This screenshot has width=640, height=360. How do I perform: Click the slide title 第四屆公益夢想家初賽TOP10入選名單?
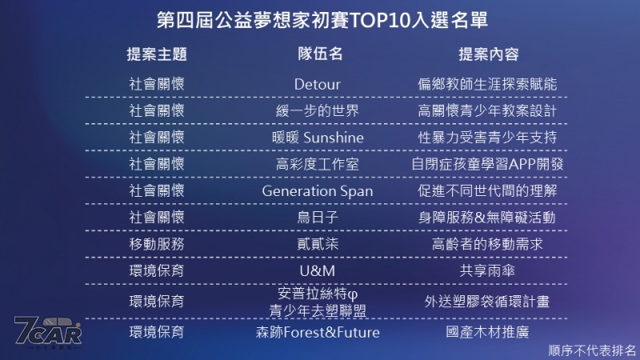coord(322,20)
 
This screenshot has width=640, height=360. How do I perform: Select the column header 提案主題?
coord(157,54)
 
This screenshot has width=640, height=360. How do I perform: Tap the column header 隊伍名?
coord(320,54)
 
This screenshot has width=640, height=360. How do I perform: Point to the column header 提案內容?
coord(489,54)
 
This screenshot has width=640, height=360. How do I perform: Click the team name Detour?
coord(317,84)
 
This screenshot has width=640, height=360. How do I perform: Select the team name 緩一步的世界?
coord(317,110)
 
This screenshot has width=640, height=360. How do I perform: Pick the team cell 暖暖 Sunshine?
coord(318,137)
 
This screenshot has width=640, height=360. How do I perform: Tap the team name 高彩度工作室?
coord(317,164)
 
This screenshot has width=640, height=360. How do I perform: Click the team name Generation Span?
coord(317,191)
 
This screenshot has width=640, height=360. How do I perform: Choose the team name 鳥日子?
coord(317,217)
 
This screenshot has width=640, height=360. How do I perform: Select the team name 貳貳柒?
coord(317,244)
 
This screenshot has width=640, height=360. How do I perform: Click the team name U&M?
coord(317,270)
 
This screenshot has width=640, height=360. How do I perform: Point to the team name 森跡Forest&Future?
coord(318,332)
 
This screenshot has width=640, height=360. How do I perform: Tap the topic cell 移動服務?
coord(157,244)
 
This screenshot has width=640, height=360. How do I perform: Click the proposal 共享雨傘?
coord(487,270)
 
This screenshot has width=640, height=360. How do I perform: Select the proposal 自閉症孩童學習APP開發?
coord(487,164)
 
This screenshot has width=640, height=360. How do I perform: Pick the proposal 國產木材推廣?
coord(487,332)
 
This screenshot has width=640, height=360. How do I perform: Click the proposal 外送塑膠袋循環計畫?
coord(487,302)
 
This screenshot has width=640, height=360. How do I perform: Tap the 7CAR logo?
coord(48,332)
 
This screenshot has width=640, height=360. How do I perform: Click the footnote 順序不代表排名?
coord(592,350)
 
